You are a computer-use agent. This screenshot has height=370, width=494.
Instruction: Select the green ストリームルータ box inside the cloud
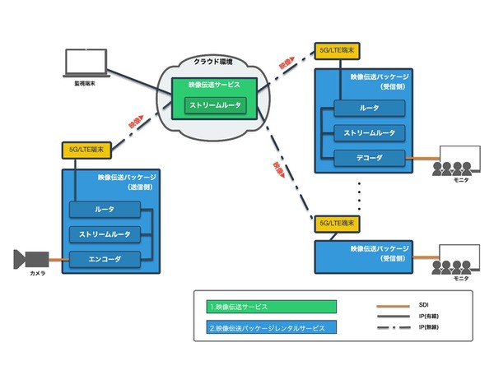[216, 106]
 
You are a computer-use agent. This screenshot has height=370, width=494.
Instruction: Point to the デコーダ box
[370, 155]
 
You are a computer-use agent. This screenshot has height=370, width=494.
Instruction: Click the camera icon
[31, 260]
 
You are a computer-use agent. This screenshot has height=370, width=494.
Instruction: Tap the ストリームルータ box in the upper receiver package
[370, 132]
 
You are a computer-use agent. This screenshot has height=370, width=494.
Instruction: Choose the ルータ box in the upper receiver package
[370, 108]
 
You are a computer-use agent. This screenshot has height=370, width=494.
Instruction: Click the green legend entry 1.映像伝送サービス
[271, 307]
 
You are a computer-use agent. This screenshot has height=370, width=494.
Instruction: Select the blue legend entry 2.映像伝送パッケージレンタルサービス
[271, 327]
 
